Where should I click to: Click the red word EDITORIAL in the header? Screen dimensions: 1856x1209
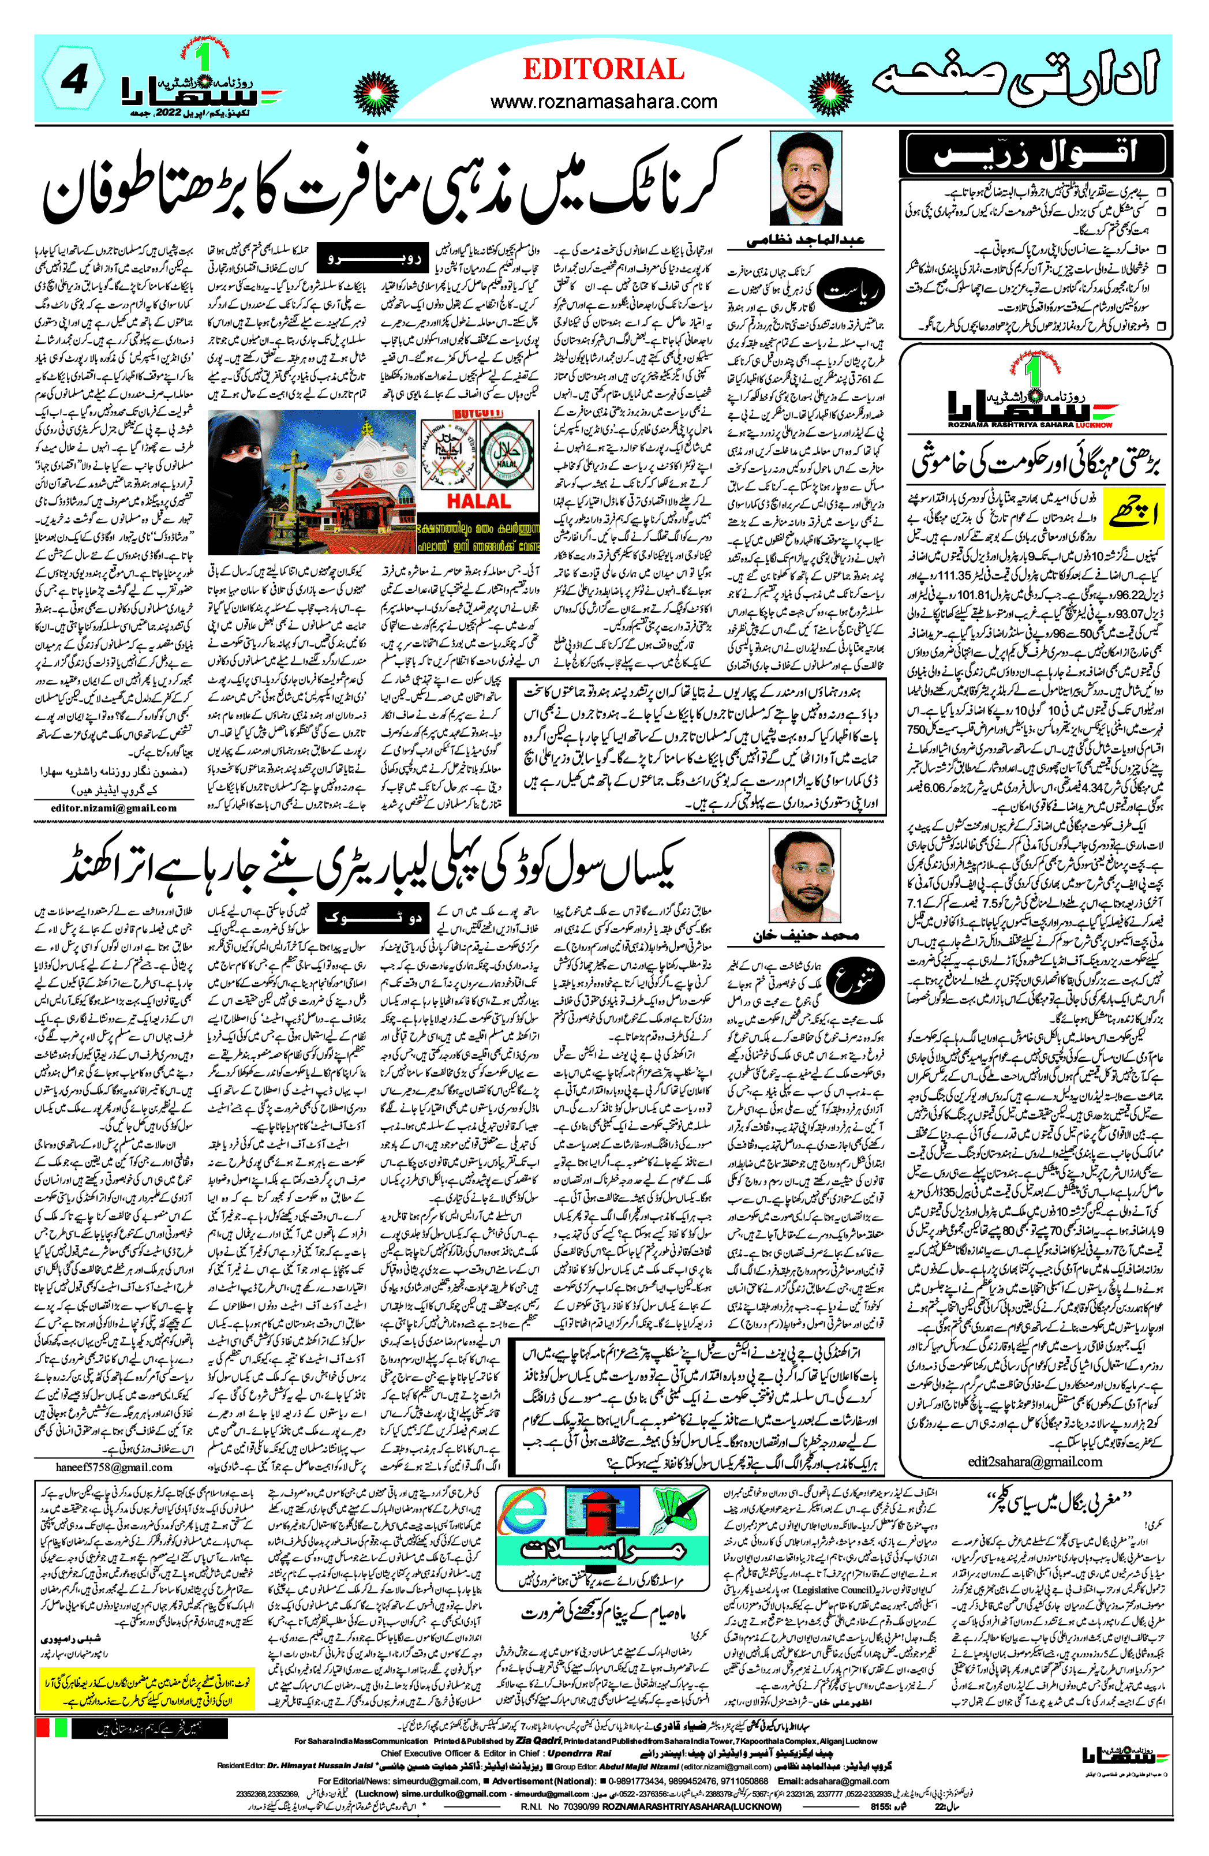(x=603, y=69)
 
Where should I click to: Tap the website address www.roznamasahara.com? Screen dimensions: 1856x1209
(x=603, y=102)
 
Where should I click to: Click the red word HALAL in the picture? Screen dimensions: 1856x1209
(x=478, y=501)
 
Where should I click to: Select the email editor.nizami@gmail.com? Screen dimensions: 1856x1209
(x=114, y=808)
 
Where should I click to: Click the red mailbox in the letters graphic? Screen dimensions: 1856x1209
(x=601, y=1521)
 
